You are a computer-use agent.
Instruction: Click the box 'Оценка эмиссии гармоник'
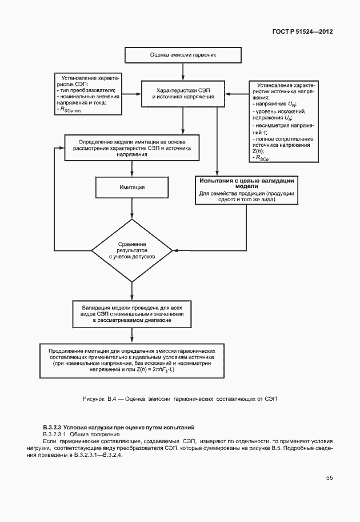[183, 56]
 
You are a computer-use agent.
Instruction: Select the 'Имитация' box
[132, 187]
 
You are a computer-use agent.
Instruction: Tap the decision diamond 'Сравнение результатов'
[132, 250]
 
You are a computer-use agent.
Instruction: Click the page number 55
[330, 477]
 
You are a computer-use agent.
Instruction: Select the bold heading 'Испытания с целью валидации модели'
[246, 183]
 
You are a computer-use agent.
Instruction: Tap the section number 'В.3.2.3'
[52, 427]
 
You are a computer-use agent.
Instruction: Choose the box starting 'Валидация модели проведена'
[132, 314]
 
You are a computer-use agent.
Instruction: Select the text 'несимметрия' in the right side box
[274, 125]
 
